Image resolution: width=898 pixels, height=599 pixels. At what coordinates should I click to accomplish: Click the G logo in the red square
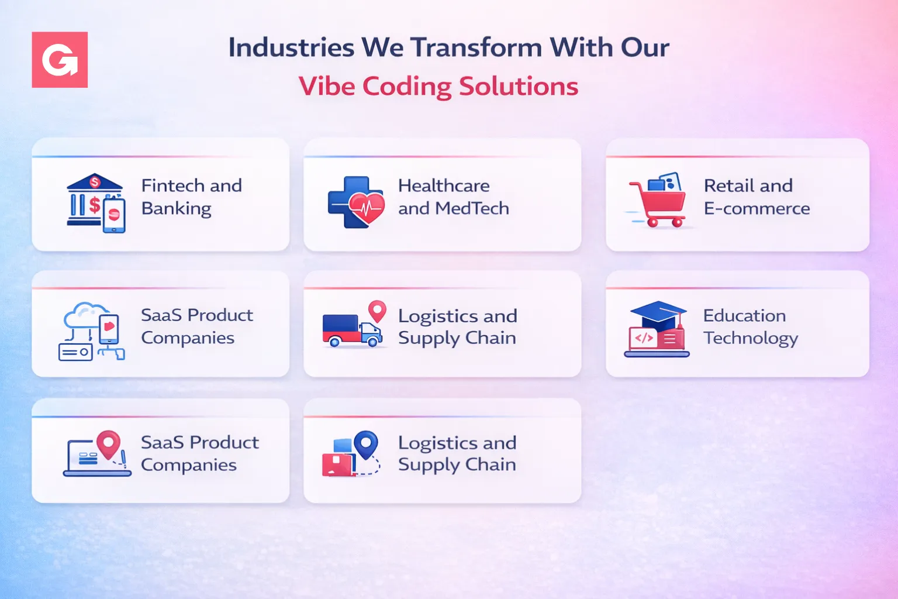click(x=60, y=60)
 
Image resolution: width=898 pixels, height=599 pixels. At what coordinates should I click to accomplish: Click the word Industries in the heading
click(x=291, y=47)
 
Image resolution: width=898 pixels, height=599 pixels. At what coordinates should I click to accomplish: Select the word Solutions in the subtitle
click(x=519, y=87)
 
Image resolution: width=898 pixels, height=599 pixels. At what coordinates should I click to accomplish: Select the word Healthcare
click(x=444, y=185)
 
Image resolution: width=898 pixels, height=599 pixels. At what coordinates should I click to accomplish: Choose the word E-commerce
click(x=757, y=208)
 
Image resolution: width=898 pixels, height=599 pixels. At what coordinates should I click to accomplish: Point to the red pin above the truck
click(x=377, y=311)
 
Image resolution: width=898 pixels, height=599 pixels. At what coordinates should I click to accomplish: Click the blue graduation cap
click(x=658, y=314)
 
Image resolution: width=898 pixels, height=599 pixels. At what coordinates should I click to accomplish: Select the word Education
click(x=744, y=315)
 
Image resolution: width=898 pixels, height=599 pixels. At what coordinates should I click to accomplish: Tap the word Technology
click(x=751, y=338)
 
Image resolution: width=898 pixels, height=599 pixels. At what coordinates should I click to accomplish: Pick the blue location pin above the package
click(x=366, y=444)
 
